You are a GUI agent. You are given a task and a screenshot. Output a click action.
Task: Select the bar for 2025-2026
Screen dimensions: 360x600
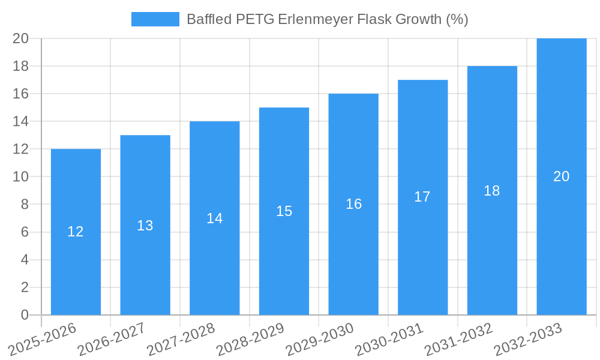tap(76, 264)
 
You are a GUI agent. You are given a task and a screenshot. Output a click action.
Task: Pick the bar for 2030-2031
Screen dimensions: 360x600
tap(422, 252)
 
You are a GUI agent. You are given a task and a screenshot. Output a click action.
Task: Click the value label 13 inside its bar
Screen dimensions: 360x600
tap(145, 226)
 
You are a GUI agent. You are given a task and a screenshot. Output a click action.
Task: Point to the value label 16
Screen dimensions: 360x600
tap(353, 204)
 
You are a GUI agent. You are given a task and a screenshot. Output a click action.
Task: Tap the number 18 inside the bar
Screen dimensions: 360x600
tap(491, 191)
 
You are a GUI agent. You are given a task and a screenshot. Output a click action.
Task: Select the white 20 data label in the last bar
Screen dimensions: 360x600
tap(562, 176)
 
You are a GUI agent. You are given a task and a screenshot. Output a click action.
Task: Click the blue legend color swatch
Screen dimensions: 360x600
tap(155, 19)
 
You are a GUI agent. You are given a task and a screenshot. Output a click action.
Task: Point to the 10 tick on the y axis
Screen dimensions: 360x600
tap(20, 177)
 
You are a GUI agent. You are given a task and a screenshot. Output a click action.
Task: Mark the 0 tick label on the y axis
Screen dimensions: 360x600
tap(25, 315)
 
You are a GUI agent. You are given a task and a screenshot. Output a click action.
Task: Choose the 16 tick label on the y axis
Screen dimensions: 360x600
tap(20, 94)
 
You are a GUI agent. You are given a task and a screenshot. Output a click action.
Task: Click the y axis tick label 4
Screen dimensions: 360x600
tap(25, 260)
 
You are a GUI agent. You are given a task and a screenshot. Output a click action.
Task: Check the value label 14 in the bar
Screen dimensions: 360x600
tap(215, 218)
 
